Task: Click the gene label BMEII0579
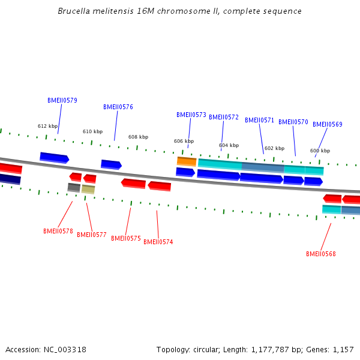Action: [62, 101]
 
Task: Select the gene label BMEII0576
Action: [118, 107]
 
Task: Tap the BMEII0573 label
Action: [191, 115]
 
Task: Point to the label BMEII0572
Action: [224, 118]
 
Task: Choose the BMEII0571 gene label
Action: [259, 120]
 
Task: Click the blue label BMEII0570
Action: [293, 122]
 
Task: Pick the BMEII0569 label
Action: [328, 125]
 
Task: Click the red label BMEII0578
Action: [58, 231]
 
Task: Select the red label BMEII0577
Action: [92, 235]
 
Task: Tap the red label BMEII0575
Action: [126, 239]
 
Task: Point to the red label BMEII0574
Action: [158, 242]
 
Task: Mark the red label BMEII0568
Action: [321, 254]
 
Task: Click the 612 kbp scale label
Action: [47, 126]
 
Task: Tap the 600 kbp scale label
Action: [320, 151]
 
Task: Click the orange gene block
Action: [187, 161]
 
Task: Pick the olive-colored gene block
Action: [88, 190]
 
